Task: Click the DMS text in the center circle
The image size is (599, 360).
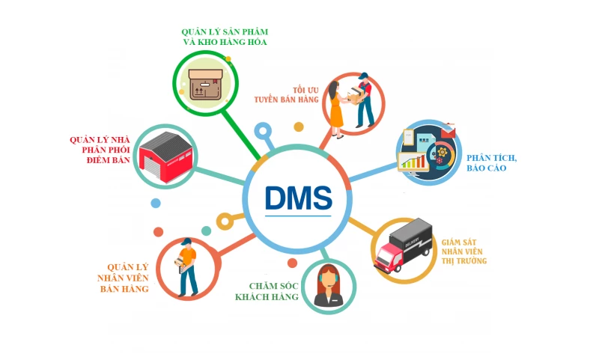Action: [x=298, y=196]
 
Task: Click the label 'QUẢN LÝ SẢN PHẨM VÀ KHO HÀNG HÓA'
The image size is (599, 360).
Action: [x=225, y=37]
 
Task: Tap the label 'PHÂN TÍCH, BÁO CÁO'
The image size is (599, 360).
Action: [x=492, y=163]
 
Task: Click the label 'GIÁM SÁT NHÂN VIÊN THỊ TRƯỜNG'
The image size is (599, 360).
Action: [x=463, y=251]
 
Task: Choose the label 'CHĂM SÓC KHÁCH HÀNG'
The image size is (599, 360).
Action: [x=267, y=291]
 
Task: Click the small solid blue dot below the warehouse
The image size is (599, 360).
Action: [x=156, y=203]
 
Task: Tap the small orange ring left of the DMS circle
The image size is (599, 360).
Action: [x=224, y=221]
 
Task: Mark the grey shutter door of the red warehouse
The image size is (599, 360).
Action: [x=159, y=166]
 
